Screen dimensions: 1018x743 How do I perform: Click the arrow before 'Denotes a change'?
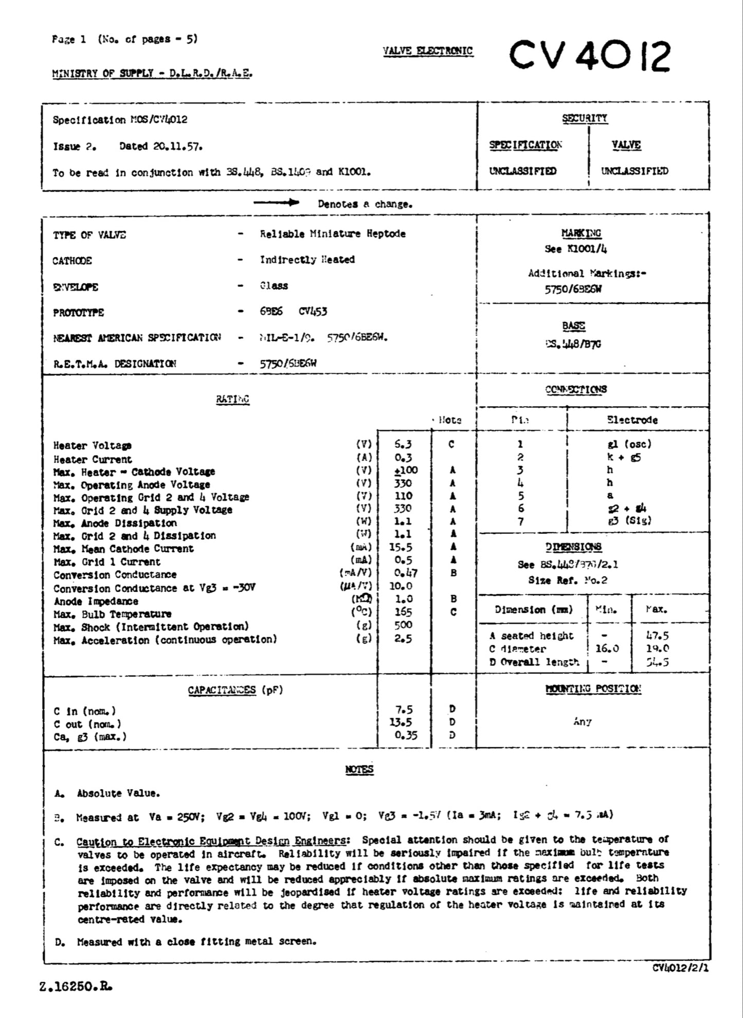[276, 203]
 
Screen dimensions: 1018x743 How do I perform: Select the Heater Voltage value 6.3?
[403, 444]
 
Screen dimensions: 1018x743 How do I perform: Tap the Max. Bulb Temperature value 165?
[403, 612]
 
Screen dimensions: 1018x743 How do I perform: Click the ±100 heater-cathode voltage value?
[405, 470]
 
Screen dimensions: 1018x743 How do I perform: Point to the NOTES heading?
[359, 769]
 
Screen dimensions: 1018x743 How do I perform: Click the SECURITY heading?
[585, 118]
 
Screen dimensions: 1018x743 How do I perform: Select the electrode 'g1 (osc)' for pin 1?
[629, 444]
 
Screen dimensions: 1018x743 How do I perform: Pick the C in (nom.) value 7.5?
[404, 710]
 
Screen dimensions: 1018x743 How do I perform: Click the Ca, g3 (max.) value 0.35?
[406, 735]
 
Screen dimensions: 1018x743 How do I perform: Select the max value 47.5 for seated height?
[657, 635]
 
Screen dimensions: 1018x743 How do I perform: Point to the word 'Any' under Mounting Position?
[582, 722]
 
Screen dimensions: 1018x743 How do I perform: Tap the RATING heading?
[232, 399]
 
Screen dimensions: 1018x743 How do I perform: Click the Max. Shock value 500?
[403, 625]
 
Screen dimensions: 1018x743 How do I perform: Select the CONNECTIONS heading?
[576, 389]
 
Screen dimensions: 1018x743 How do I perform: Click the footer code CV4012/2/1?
[680, 968]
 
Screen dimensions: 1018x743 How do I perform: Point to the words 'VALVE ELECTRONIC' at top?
[427, 50]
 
